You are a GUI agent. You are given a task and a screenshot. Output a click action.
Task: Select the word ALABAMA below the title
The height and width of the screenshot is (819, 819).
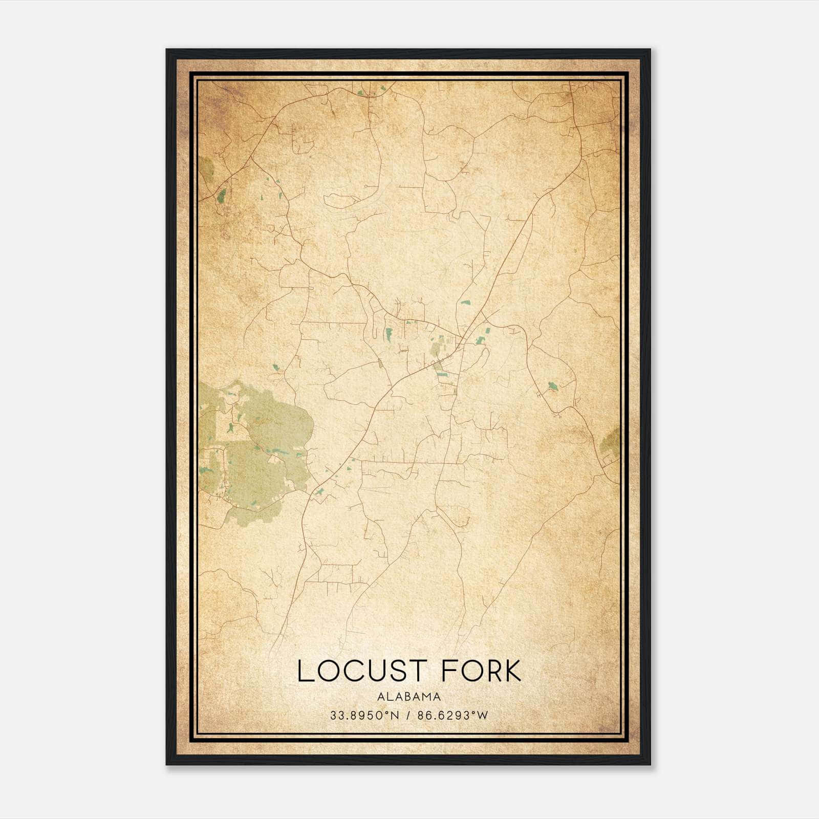[409, 696]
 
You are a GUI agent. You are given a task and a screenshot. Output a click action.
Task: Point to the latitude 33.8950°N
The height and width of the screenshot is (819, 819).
[363, 716]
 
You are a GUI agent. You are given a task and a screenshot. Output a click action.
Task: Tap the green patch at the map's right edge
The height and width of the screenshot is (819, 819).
[612, 440]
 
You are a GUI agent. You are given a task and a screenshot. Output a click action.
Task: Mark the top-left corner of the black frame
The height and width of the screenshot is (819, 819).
[167, 50]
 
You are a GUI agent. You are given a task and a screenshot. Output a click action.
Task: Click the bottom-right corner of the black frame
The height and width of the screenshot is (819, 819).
[650, 764]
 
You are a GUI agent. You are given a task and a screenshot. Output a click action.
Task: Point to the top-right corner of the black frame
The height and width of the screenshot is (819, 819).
[650, 50]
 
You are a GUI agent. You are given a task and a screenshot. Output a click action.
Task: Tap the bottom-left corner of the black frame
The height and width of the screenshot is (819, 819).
[167, 764]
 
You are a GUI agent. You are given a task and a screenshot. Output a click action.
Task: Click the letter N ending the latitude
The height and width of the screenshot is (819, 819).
[394, 716]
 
